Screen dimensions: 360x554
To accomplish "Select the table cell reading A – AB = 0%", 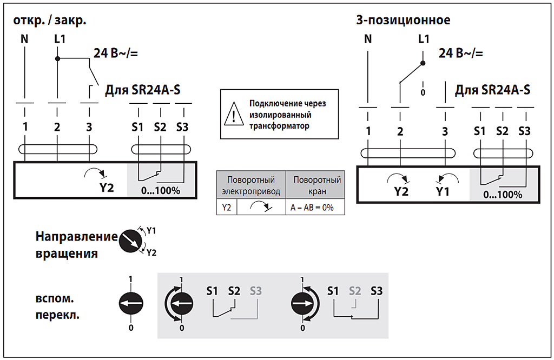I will [315, 208].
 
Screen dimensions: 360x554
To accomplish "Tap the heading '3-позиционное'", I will [403, 21].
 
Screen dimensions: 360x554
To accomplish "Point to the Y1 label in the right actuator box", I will [443, 191].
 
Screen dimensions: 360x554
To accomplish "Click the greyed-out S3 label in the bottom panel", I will [256, 291].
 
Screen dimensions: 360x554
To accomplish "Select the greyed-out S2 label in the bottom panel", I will [355, 291].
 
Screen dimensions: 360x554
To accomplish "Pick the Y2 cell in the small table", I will [226, 208].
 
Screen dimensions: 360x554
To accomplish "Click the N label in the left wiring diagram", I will [24, 39].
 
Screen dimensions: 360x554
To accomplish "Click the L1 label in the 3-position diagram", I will [424, 39].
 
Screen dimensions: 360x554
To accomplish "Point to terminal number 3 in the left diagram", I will [89, 128].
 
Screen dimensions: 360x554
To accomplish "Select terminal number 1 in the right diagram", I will [368, 131].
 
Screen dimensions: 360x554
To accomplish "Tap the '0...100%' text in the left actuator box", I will [160, 190].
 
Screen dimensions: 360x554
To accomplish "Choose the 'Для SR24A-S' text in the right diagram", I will [492, 90].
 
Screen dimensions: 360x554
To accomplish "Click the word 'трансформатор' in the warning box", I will [279, 126].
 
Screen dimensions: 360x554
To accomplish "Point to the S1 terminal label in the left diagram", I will [137, 128].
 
